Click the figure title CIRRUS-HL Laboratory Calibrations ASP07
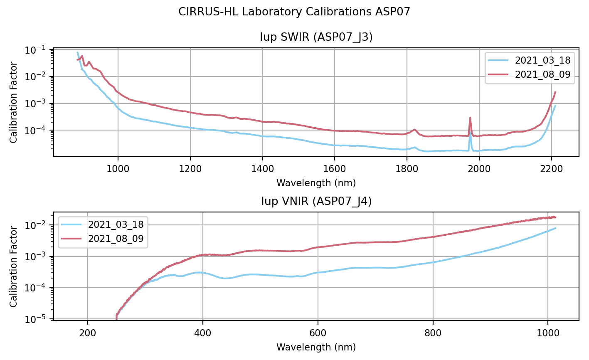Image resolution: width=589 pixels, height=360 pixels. pos(294,12)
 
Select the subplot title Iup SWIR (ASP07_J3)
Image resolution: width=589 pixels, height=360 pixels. pos(316,37)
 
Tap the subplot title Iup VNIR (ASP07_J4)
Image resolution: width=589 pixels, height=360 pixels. pos(316,202)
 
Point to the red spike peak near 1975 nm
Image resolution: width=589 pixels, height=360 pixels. pos(470,118)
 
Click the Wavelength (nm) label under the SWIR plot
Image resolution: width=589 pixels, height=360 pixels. pos(316,183)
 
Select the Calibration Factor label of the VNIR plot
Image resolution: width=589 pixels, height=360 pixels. pos(14,266)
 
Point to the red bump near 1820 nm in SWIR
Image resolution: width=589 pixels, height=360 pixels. pos(414,130)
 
